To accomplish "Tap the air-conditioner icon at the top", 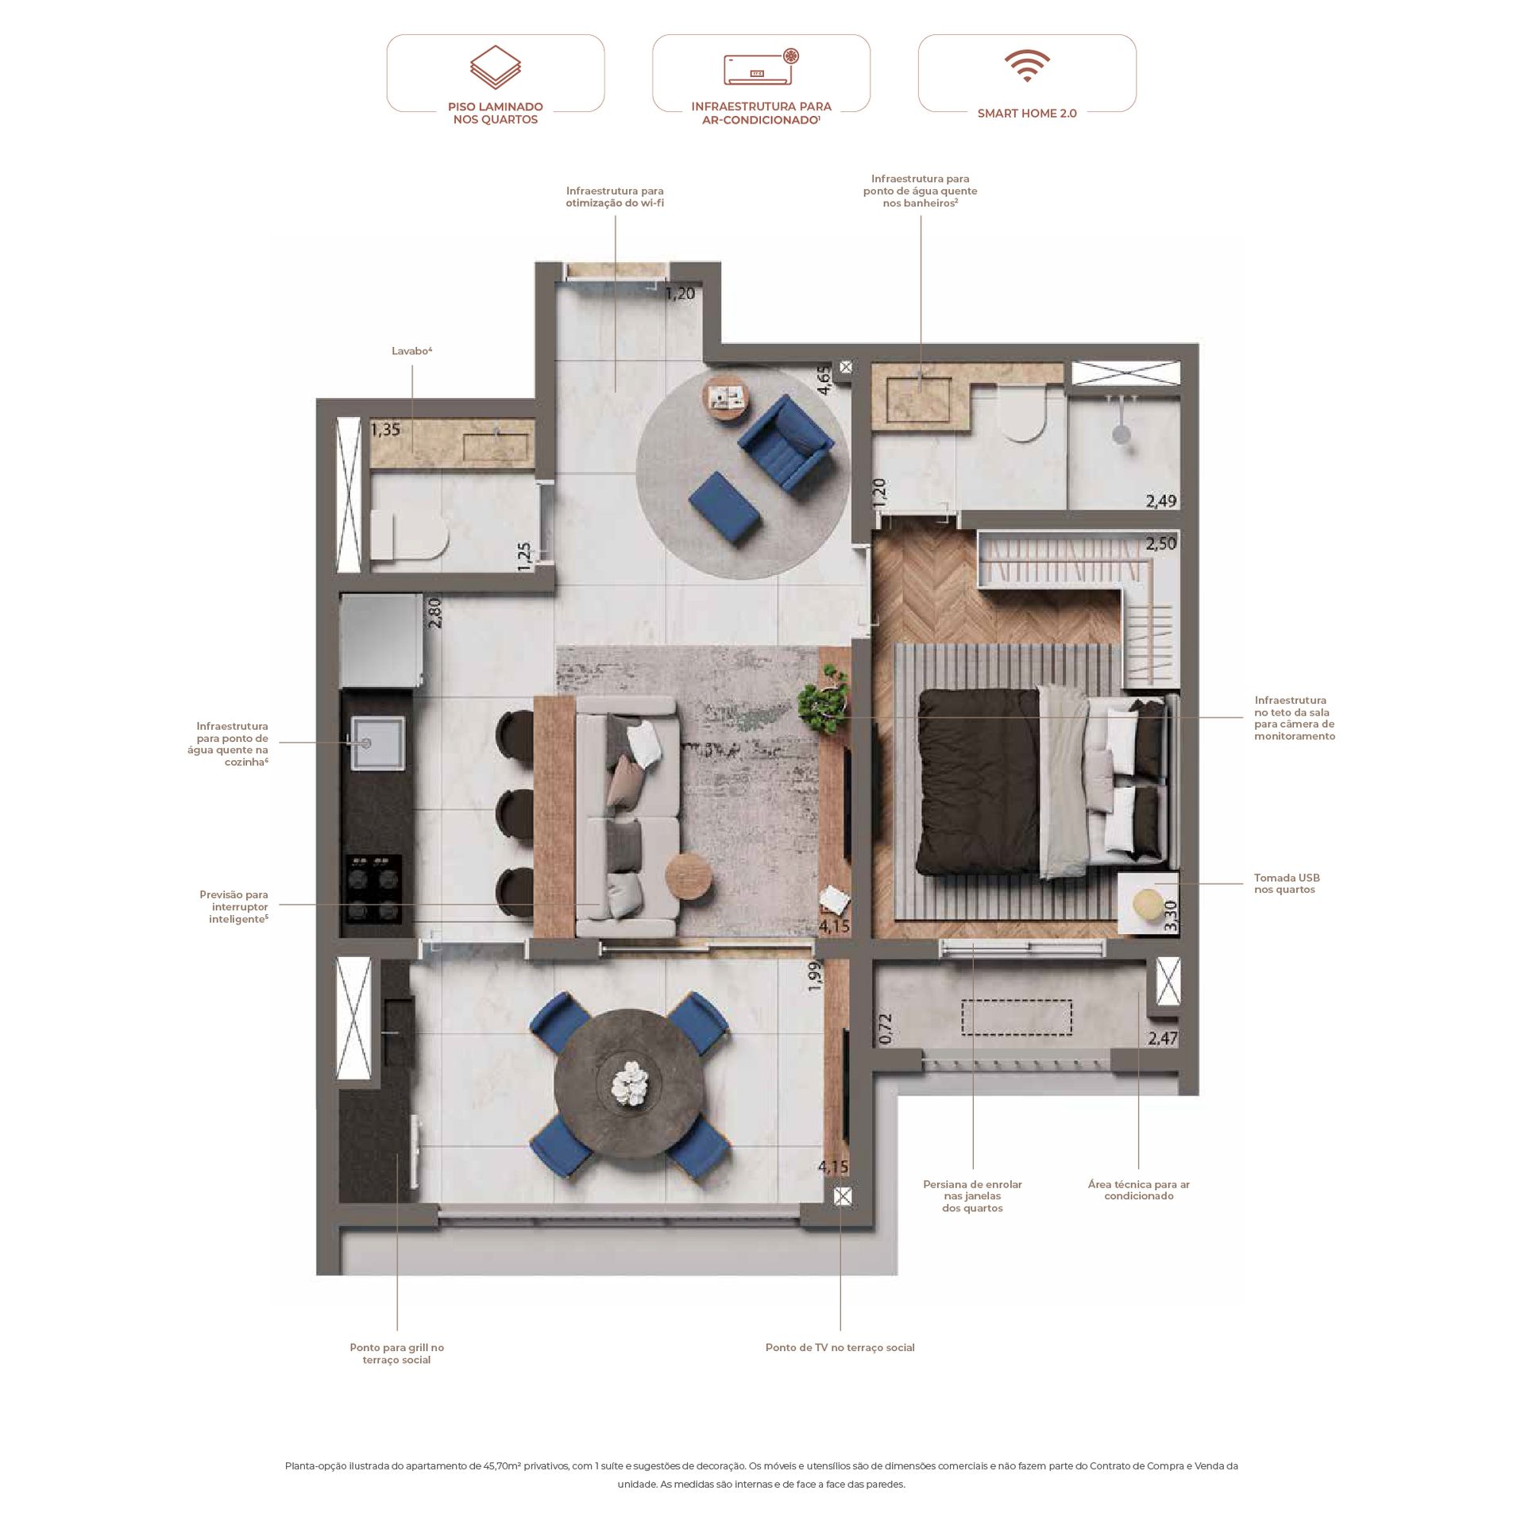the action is pyautogui.click(x=761, y=67).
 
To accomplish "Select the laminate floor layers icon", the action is pyautogui.click(x=495, y=67).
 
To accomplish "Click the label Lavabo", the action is pyautogui.click(x=411, y=350).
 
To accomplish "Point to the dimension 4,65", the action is pyautogui.click(x=824, y=380).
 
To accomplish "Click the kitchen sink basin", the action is pyautogui.click(x=379, y=743).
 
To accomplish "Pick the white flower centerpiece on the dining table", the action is pyautogui.click(x=631, y=1083).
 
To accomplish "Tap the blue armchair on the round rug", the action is pyautogui.click(x=785, y=443).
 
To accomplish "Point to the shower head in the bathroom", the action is pyautogui.click(x=1120, y=434).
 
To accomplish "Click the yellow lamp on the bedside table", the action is pyautogui.click(x=1146, y=905).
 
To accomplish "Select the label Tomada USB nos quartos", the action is pyautogui.click(x=1286, y=883).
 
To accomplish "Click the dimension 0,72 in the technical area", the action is pyautogui.click(x=886, y=1028).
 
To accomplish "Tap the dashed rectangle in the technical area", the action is pyautogui.click(x=1017, y=1017).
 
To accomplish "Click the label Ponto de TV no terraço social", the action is pyautogui.click(x=840, y=1347).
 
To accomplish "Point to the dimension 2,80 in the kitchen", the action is pyautogui.click(x=434, y=612).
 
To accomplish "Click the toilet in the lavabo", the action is pyautogui.click(x=409, y=534).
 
